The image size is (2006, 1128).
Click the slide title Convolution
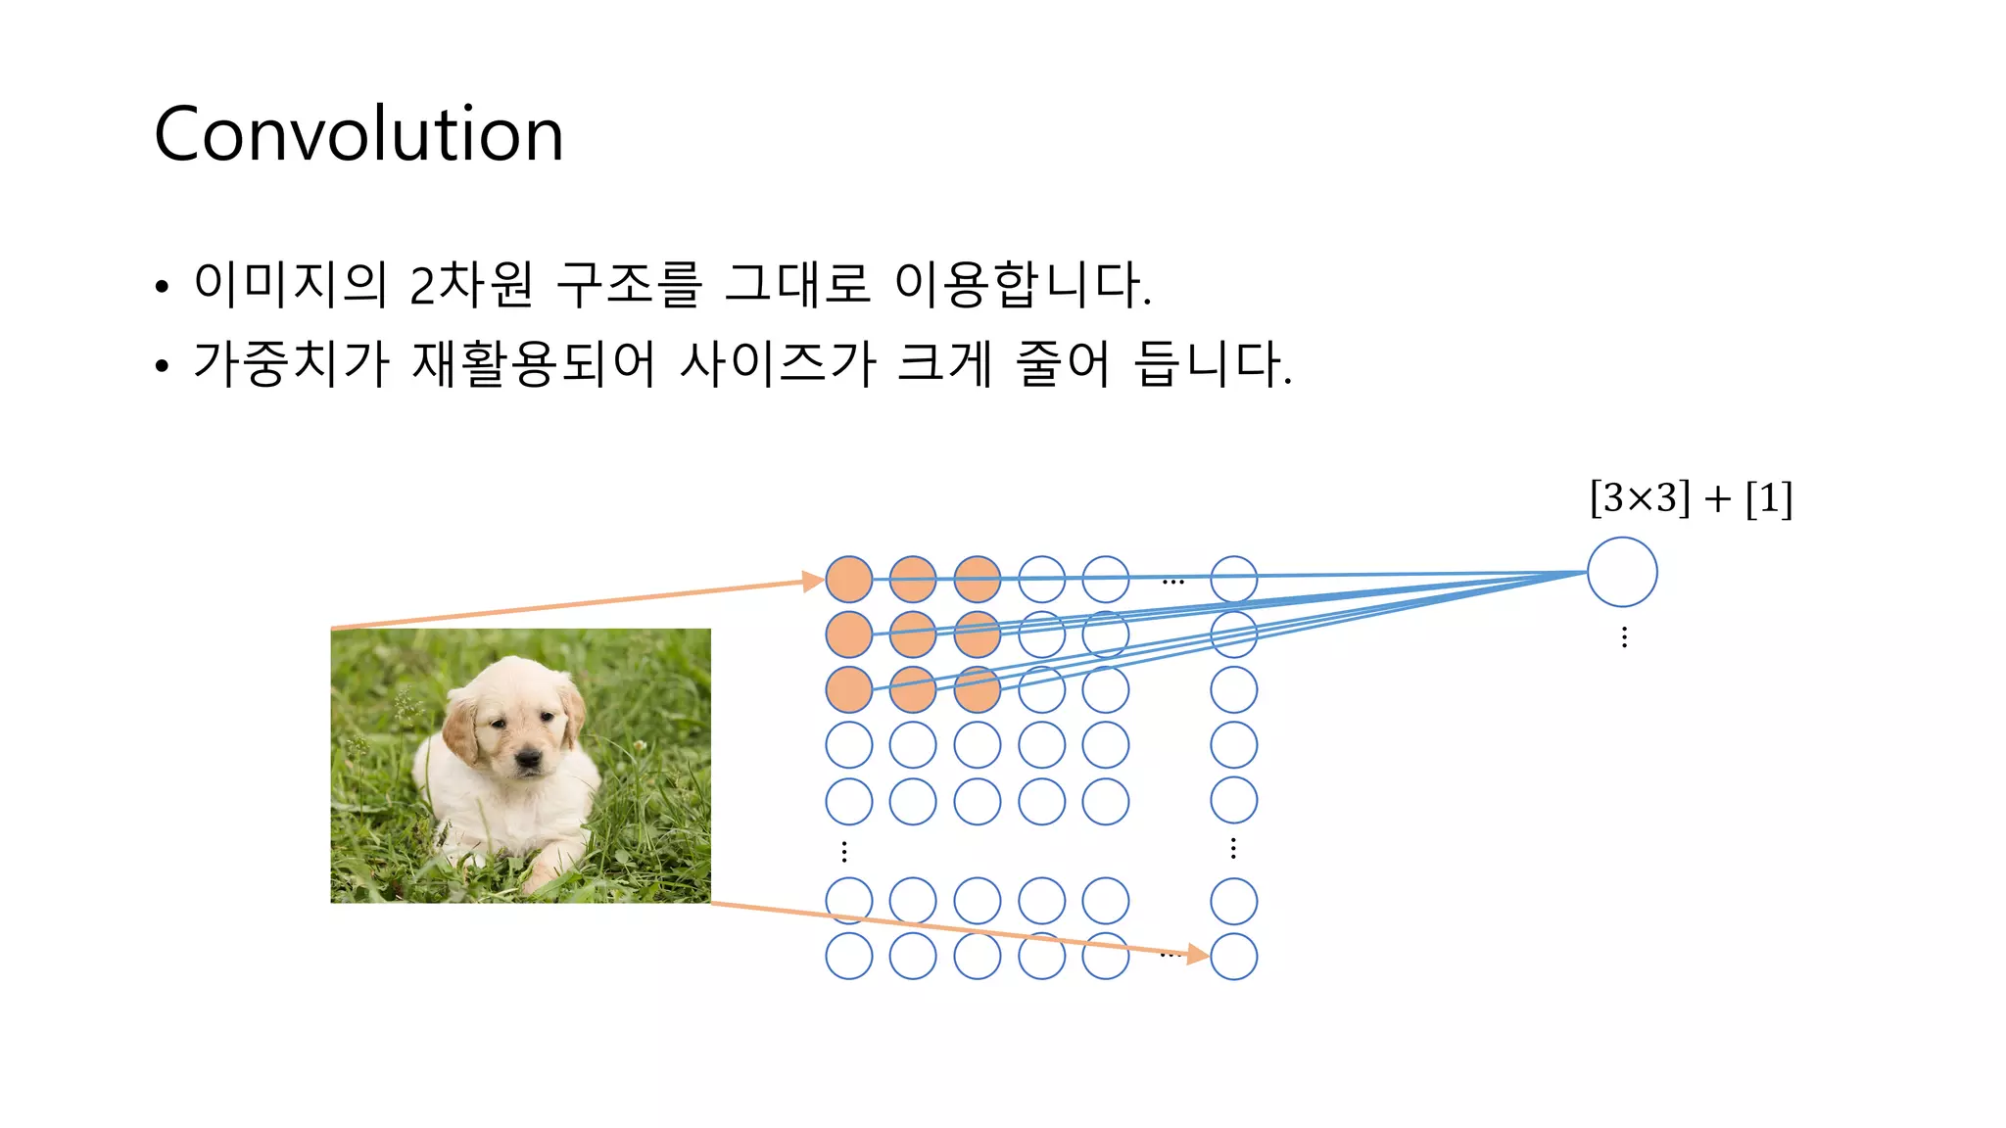(x=358, y=134)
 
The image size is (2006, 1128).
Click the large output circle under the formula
(x=1622, y=572)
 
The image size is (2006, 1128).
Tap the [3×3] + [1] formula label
(x=1691, y=497)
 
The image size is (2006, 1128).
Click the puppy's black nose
(x=530, y=758)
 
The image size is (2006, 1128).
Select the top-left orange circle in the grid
(x=849, y=580)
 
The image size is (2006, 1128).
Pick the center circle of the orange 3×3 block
(x=913, y=634)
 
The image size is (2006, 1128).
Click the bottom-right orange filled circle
(x=977, y=689)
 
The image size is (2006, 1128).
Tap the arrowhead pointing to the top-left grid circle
(x=813, y=582)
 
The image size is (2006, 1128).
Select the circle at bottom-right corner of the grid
(x=1233, y=956)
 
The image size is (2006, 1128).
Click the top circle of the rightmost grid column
(x=1233, y=580)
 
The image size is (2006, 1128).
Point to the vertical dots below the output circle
(x=1624, y=637)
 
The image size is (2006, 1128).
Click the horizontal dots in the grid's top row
(x=1172, y=583)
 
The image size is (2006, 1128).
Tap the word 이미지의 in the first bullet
(x=290, y=284)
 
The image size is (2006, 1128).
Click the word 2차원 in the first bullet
(x=471, y=284)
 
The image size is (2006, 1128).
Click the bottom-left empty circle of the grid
(x=849, y=956)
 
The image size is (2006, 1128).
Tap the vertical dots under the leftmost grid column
(x=844, y=851)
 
